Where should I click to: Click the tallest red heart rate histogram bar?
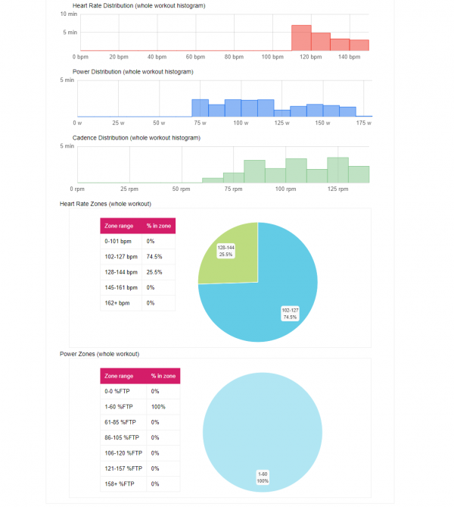(301, 38)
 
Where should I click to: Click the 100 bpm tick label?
(273, 57)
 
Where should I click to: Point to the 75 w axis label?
(200, 123)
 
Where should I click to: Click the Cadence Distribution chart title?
(135, 138)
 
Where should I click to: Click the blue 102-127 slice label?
(291, 313)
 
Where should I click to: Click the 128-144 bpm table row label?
(122, 272)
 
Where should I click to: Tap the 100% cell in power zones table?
(158, 407)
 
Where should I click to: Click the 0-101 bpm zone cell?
(118, 241)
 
